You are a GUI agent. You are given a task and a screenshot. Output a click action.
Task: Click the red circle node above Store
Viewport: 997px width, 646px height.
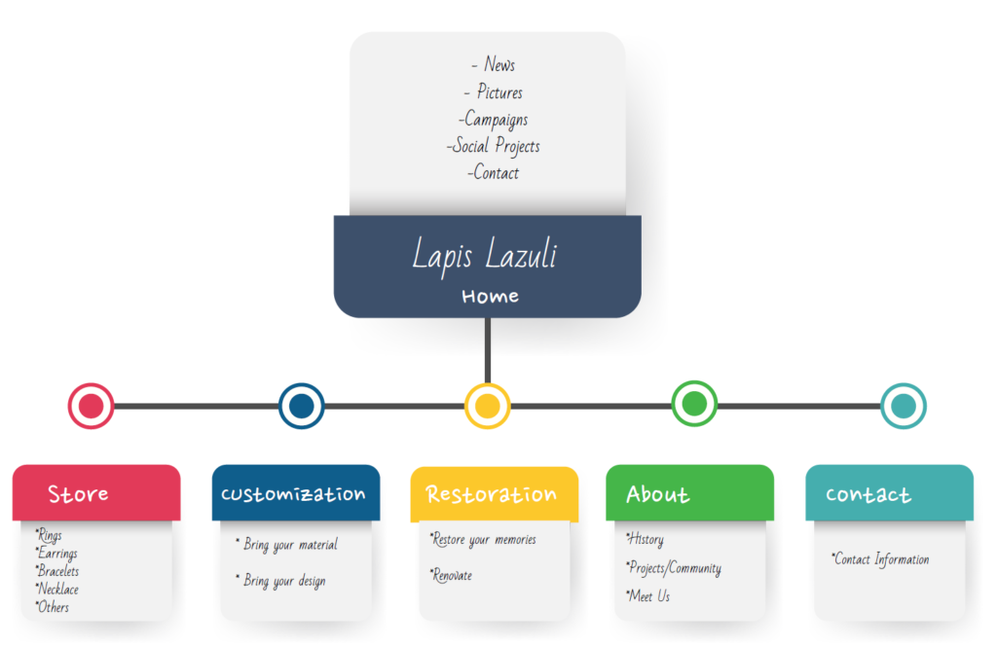(x=91, y=406)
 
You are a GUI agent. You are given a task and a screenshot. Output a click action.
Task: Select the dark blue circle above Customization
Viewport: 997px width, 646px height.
(x=301, y=406)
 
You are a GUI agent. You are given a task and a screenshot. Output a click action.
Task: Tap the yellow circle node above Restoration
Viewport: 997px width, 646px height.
(x=488, y=406)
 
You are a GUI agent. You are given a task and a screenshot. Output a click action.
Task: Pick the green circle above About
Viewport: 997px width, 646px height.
(x=694, y=403)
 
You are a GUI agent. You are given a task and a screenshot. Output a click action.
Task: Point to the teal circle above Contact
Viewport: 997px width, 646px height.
(x=903, y=406)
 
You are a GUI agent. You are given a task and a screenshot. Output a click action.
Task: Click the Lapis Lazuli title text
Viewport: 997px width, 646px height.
(x=484, y=256)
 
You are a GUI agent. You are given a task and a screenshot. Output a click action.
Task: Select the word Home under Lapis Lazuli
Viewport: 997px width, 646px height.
(x=490, y=296)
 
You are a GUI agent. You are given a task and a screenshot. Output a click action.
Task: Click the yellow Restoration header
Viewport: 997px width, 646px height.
(x=493, y=494)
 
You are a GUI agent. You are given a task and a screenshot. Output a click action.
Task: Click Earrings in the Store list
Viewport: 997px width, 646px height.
(x=58, y=554)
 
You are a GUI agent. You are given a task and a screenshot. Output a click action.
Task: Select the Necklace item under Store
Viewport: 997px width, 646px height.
(x=58, y=589)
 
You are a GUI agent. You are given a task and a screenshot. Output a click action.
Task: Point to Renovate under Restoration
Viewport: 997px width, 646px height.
(x=452, y=575)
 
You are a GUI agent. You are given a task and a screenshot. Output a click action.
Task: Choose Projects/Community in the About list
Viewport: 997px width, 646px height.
(x=675, y=568)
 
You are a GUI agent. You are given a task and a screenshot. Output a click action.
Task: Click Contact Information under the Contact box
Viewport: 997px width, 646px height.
(x=881, y=559)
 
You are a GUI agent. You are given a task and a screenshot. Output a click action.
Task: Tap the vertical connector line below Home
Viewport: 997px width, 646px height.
(x=488, y=350)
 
